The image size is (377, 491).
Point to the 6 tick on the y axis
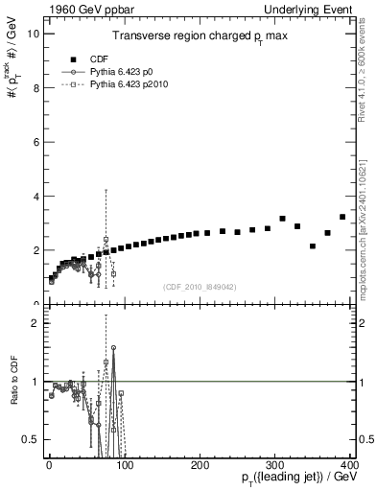pyautogui.click(x=35, y=142)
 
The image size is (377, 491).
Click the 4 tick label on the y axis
pyautogui.click(x=35, y=197)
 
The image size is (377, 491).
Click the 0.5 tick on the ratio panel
pyautogui.click(x=31, y=439)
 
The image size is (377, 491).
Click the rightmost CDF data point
pyautogui.click(x=342, y=217)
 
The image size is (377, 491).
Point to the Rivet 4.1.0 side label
pyautogui.click(x=367, y=67)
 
